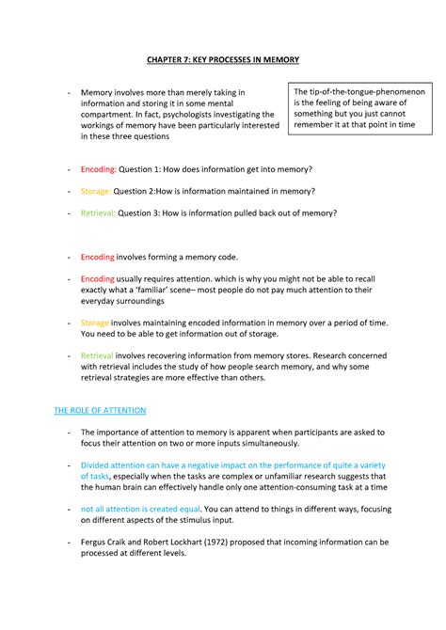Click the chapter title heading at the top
point(222,60)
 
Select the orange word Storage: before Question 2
point(97,191)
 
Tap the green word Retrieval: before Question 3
point(99,213)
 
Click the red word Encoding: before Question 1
point(98,169)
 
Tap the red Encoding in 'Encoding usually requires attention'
point(97,279)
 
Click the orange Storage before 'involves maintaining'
point(95,323)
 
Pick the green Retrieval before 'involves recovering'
point(97,355)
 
